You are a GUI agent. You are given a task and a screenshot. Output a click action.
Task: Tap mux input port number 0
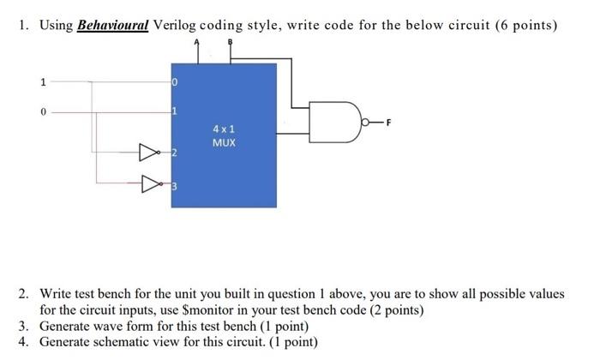[173, 82]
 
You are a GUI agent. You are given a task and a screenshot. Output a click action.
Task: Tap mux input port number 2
[173, 153]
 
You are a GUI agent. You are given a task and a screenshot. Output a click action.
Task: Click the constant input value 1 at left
[41, 82]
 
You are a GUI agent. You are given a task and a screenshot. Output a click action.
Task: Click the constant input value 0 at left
[41, 111]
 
